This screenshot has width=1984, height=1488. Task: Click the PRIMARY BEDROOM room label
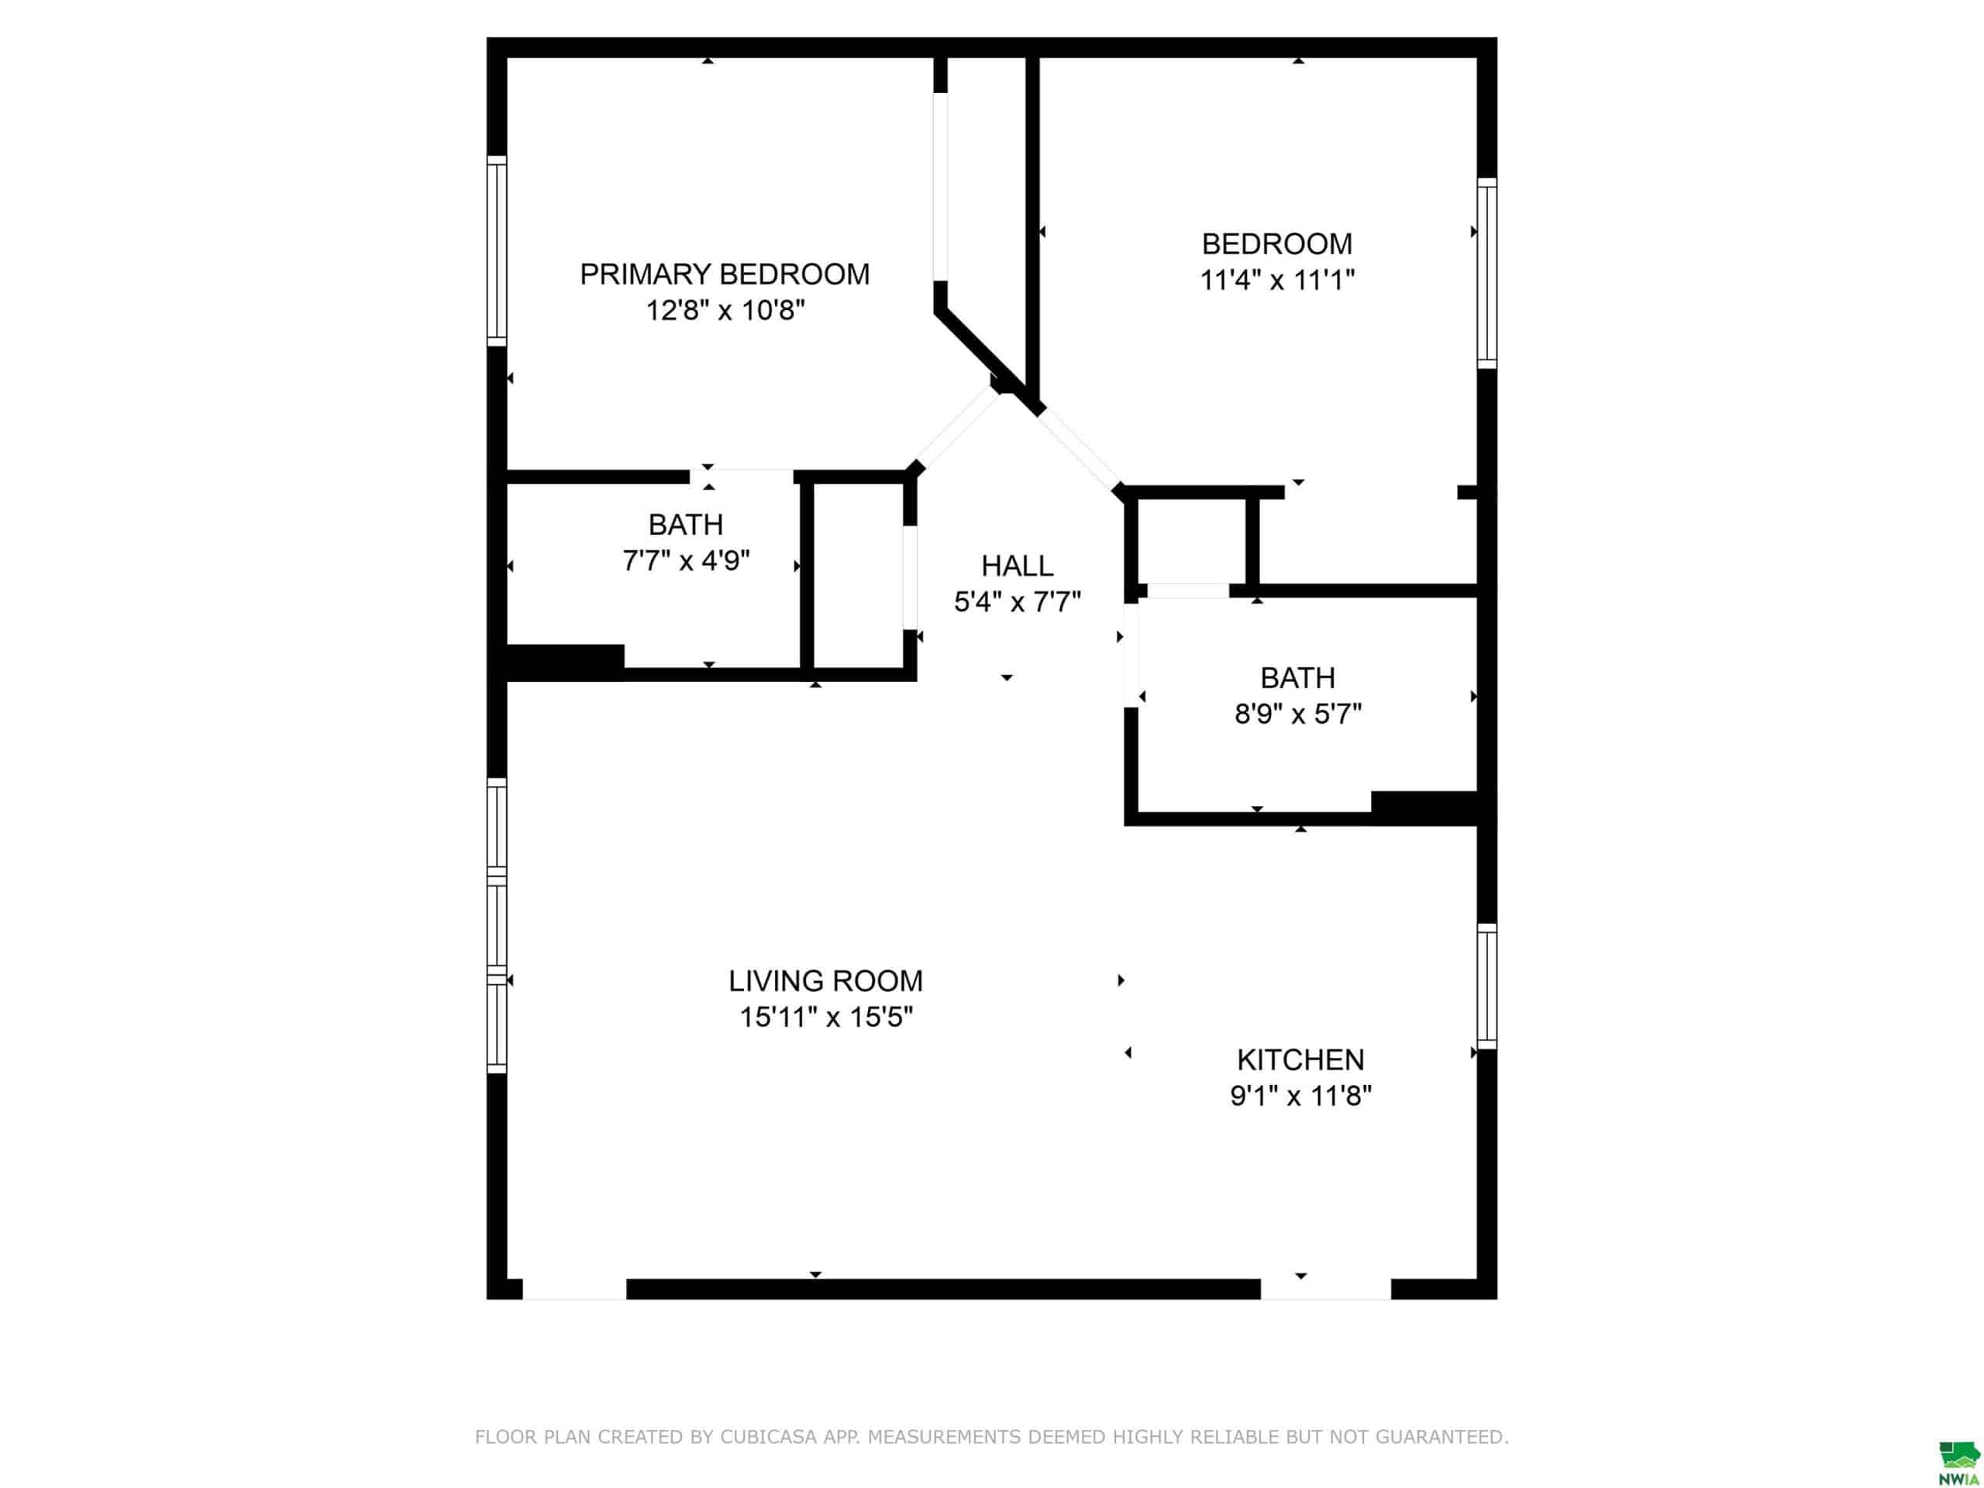725,274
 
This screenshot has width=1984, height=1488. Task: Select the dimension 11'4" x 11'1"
1277,281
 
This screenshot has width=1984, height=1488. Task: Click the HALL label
1017,566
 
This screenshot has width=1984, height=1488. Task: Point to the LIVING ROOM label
825,981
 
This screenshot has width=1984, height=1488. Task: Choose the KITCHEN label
1300,1060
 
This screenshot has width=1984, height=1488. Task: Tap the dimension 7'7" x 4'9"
686,561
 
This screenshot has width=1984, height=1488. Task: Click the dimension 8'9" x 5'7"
1298,715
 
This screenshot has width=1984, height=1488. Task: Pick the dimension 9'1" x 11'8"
1300,1096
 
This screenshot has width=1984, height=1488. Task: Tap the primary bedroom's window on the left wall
497,251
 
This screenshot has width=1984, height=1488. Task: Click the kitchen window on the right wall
1487,987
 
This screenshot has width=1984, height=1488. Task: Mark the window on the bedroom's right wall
1487,273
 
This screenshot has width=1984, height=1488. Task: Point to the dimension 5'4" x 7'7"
1017,603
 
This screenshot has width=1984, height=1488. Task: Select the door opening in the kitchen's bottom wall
1326,1290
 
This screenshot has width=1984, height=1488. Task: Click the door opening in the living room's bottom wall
574,1290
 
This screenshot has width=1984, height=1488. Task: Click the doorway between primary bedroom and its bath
742,477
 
